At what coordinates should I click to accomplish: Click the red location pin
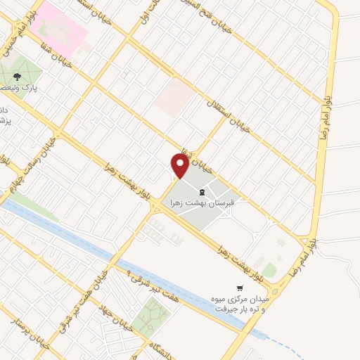179,167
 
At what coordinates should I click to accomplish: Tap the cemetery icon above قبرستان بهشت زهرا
202,192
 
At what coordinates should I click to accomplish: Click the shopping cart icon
240,288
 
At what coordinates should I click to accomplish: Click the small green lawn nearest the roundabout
270,271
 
